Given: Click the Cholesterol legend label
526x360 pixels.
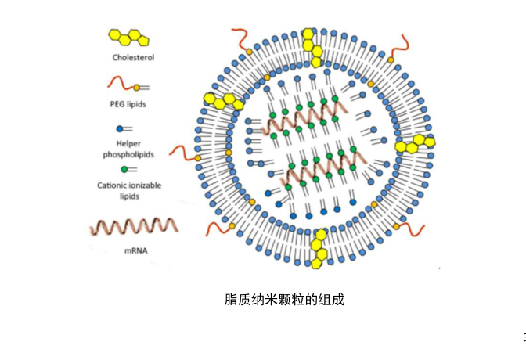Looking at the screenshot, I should point(133,57).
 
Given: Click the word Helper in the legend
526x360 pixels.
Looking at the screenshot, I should point(128,144).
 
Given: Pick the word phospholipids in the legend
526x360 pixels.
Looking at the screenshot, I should point(128,154).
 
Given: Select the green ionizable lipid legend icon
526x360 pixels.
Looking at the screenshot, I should point(125,168).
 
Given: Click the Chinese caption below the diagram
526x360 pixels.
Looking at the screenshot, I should point(285,300).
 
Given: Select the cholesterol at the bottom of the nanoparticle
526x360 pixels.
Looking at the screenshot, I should point(319,249).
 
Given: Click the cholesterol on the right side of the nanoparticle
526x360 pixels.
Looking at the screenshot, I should point(415,143).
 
